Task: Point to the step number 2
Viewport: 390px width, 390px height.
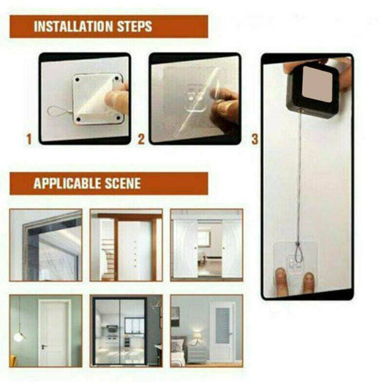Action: click(x=141, y=137)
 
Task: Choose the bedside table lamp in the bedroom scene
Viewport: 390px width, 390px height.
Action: click(x=197, y=339)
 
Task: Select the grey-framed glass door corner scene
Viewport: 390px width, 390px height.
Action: click(x=45, y=245)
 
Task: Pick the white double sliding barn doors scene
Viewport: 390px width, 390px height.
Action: click(x=206, y=245)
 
